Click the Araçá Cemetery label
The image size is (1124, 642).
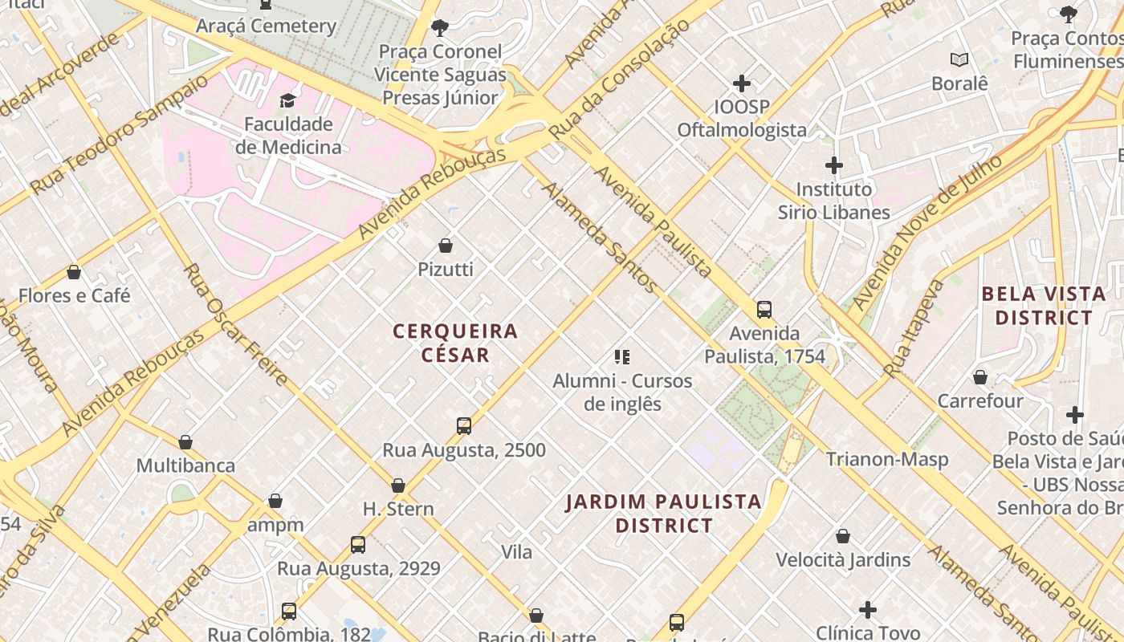[x=267, y=26]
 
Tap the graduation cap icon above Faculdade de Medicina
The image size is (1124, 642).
[x=287, y=100]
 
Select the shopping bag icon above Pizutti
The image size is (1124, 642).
[x=446, y=246]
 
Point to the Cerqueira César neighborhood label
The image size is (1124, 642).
[x=455, y=343]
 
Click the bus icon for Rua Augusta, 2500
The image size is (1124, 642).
[x=464, y=426]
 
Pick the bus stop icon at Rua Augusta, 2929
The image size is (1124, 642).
[x=358, y=545]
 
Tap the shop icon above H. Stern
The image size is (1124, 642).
[x=398, y=486]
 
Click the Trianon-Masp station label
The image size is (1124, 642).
[x=887, y=459]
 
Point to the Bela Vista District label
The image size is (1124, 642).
[x=1044, y=306]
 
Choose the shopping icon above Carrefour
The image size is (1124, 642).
[x=980, y=377]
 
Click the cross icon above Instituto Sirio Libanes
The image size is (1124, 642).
[x=834, y=166]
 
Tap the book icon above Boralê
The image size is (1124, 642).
[x=959, y=59]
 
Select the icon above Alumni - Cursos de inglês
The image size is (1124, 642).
[x=622, y=357]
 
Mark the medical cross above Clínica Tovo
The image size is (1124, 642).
[x=868, y=610]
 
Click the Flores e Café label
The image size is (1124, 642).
[x=74, y=295]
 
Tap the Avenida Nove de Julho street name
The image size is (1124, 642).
[x=926, y=233]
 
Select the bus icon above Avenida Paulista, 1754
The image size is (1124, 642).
[x=764, y=310]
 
